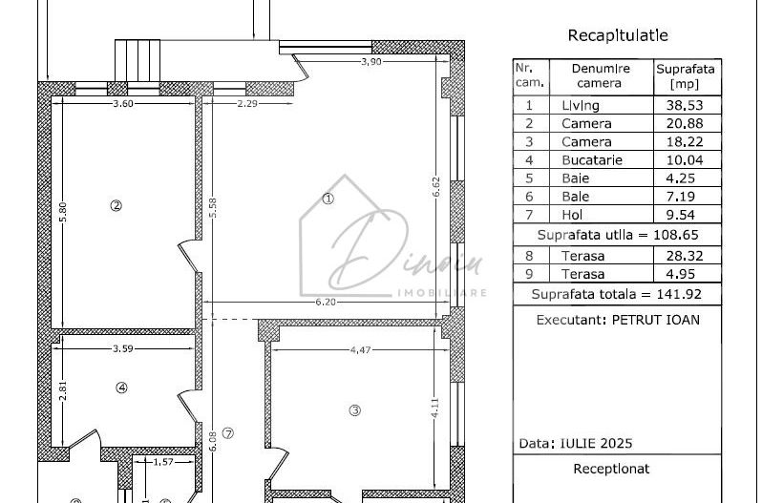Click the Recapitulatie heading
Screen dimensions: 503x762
click(618, 36)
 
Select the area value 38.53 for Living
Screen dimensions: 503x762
click(686, 106)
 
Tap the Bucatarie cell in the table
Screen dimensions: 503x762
click(591, 160)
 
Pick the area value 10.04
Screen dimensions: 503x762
click(686, 160)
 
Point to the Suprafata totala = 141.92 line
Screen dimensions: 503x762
click(616, 294)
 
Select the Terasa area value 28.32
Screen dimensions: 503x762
click(686, 256)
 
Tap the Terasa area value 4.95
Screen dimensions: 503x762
click(686, 274)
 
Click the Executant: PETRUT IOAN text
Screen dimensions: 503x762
click(617, 320)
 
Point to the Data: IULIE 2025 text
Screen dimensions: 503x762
click(575, 444)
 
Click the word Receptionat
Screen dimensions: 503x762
click(611, 469)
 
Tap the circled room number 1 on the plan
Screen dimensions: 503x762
click(328, 199)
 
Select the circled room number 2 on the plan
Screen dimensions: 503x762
click(116, 205)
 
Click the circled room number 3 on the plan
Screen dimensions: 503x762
click(354, 410)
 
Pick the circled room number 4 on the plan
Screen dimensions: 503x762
click(121, 388)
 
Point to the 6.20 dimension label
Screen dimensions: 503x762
click(326, 303)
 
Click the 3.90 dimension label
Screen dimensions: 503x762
click(371, 62)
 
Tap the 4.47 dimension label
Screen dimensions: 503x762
click(360, 350)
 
